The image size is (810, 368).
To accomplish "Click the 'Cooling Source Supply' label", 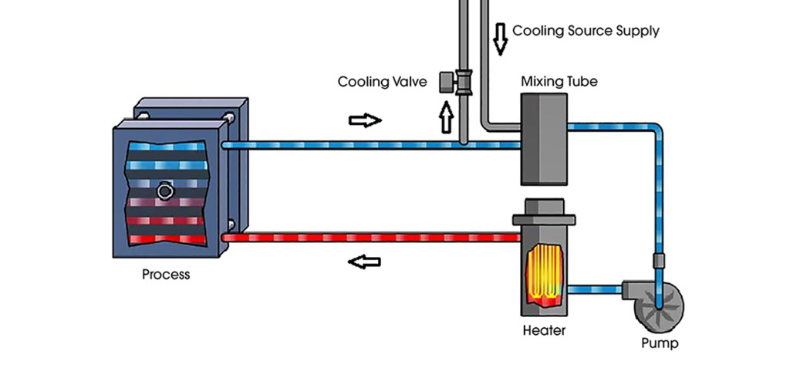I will click(586, 32).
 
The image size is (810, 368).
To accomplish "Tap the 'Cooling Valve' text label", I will click(382, 82).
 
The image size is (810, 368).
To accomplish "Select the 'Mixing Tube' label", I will click(559, 81).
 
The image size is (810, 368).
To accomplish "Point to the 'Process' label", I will click(166, 275).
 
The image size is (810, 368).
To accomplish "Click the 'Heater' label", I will click(544, 331).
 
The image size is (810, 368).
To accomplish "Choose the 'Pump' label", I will click(660, 343).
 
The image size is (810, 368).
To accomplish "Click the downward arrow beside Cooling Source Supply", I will click(501, 39).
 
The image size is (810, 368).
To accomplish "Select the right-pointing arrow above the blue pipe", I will click(365, 120).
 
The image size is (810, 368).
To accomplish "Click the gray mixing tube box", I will click(544, 139).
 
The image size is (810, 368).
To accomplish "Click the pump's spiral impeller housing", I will click(660, 305).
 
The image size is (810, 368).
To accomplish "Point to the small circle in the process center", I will click(164, 191).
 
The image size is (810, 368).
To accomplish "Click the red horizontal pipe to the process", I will click(370, 238).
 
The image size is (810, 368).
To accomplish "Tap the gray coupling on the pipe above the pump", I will click(658, 260).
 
